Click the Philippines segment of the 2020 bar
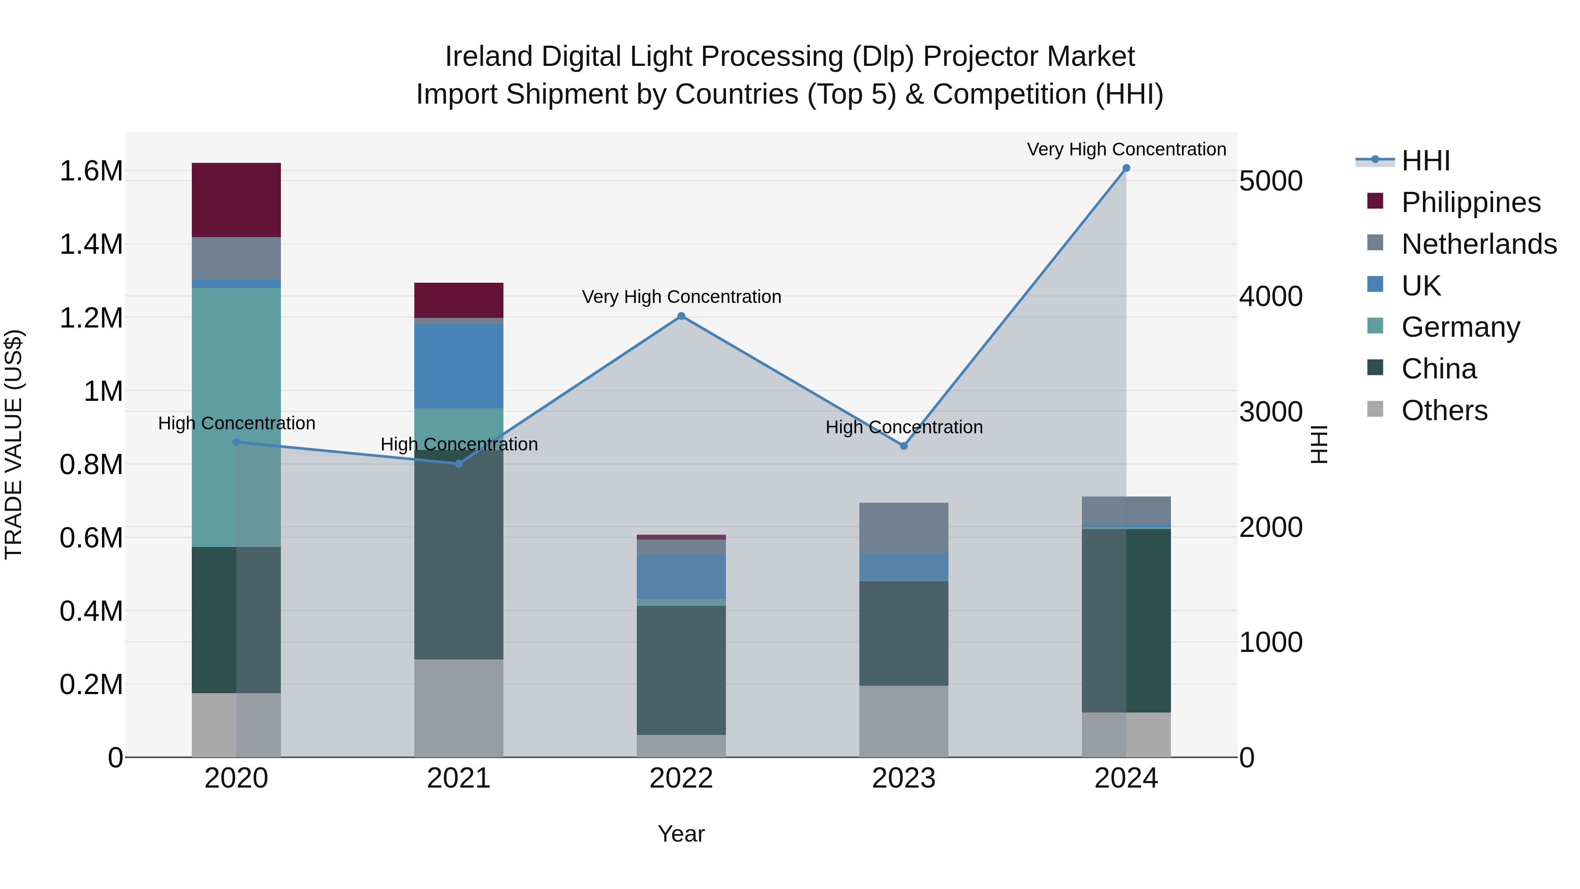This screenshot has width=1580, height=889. coord(236,200)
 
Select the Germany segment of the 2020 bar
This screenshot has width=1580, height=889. coord(236,417)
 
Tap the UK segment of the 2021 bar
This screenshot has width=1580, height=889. coord(459,366)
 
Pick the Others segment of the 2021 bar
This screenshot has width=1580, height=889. coord(459,708)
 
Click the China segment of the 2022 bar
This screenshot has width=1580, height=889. coord(681,670)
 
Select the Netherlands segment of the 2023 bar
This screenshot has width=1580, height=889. coord(904,528)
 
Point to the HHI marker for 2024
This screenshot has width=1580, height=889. coord(1126,168)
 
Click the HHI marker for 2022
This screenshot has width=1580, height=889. coord(681,317)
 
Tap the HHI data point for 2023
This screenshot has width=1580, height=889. coord(904,446)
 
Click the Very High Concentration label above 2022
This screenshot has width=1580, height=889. coord(681,297)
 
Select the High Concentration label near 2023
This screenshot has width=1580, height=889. coord(904,428)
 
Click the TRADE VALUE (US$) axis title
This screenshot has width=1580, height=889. coord(14,444)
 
